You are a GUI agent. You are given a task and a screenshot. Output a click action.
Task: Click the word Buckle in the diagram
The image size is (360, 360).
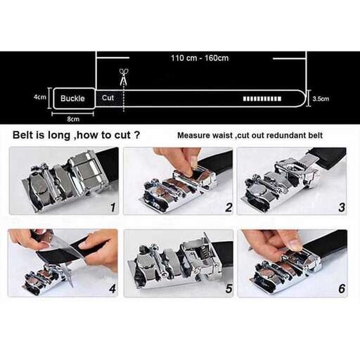pyautogui.click(x=72, y=98)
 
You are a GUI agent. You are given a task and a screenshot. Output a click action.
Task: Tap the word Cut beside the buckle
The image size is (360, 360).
pyautogui.click(x=108, y=98)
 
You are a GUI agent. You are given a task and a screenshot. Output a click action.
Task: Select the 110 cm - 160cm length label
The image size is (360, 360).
pyautogui.click(x=200, y=58)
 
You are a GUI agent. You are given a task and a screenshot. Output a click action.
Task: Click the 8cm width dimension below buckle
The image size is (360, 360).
pyautogui.click(x=72, y=119)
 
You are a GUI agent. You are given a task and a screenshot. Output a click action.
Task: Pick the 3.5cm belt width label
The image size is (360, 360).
pyautogui.click(x=321, y=98)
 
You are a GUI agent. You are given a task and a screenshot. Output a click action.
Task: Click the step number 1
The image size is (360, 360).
pyautogui.click(x=112, y=207)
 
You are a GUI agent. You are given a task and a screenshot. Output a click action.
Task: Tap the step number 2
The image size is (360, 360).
pyautogui.click(x=228, y=207)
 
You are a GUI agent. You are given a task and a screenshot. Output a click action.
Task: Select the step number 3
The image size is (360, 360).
pyautogui.click(x=341, y=207)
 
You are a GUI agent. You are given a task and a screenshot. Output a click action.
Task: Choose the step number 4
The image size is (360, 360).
pyautogui.click(x=112, y=289)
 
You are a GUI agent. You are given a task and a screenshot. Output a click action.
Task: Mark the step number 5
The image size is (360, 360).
pyautogui.click(x=228, y=289)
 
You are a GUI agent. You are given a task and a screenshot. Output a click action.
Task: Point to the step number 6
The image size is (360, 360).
pyautogui.click(x=341, y=289)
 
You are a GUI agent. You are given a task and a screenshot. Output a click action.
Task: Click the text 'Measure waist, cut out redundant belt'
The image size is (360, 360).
pyautogui.click(x=250, y=135)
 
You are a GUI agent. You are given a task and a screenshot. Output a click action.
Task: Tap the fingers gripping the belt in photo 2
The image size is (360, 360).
pyautogui.click(x=179, y=160)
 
